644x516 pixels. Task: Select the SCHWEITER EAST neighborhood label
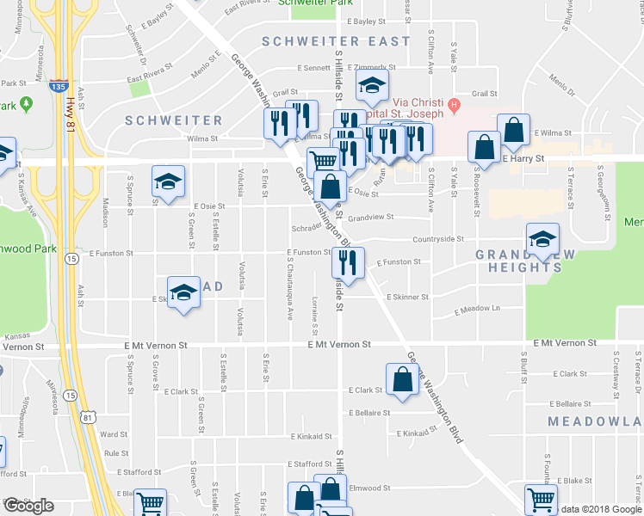336,41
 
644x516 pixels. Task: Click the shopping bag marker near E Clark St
403,378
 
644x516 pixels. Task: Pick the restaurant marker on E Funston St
349,261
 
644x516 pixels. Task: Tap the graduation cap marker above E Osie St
169,181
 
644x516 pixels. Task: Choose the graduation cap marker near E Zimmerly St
373,87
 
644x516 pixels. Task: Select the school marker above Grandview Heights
542,238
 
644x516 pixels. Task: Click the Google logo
28,506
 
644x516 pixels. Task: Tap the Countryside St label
438,240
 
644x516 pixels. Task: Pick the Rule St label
115,453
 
